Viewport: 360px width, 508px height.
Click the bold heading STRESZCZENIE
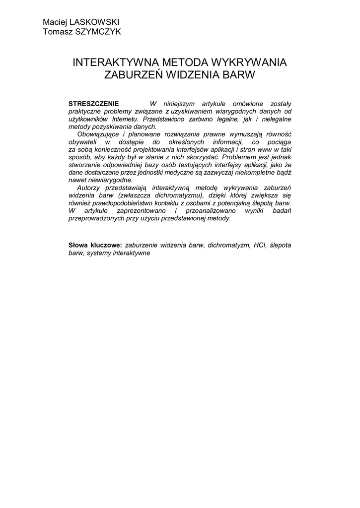(x=93, y=104)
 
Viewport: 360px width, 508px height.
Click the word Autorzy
(x=89, y=188)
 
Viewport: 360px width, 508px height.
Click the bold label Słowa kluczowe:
(x=95, y=245)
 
